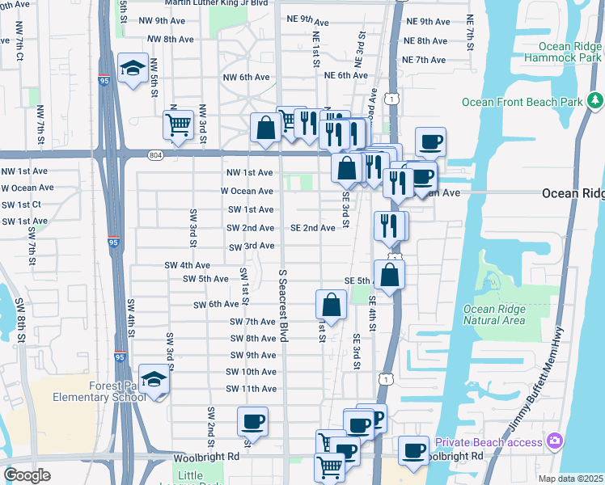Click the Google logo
pos(27,475)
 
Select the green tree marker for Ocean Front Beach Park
pos(595,101)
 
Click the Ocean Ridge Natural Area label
pos(493,314)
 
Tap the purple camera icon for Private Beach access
pos(555,441)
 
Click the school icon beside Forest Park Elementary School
pos(154,379)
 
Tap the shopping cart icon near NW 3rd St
pos(177,124)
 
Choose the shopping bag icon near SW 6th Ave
pos(331,304)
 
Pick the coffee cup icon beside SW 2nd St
pos(252,421)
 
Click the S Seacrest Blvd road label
pos(283,306)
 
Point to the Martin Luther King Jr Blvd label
pos(214,2)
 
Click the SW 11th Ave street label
pos(251,389)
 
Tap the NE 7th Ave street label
pos(425,60)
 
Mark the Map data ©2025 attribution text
pos(570,479)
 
